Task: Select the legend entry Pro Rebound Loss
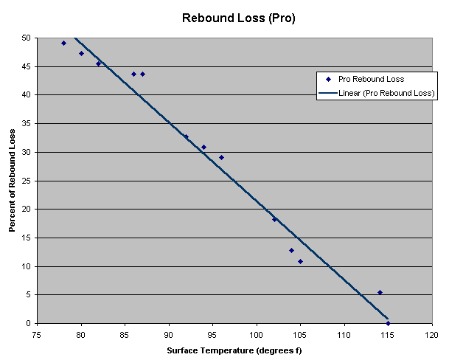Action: [x=371, y=79]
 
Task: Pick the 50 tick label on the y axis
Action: [x=27, y=38]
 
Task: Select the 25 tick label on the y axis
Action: [x=27, y=181]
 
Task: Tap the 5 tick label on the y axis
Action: [x=29, y=295]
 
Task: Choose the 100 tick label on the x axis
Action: [x=257, y=334]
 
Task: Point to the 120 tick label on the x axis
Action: [x=432, y=334]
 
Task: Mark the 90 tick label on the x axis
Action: [x=169, y=334]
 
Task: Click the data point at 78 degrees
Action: [x=63, y=43]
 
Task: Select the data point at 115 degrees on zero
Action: [x=388, y=323]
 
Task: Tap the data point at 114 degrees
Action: [x=380, y=292]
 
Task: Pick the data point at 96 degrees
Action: [x=221, y=157]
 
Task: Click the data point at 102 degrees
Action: [x=274, y=219]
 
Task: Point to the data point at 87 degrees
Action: [x=142, y=74]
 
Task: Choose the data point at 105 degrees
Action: [x=300, y=261]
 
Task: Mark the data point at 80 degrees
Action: [x=81, y=53]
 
